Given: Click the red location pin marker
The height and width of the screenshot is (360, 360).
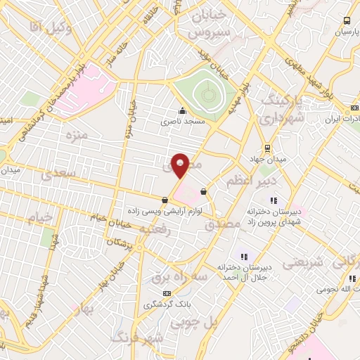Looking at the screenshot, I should pos(181,165).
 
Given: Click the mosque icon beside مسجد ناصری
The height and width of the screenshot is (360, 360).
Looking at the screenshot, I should pos(183,110).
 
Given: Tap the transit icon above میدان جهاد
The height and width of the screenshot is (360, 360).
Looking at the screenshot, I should pos(267,148).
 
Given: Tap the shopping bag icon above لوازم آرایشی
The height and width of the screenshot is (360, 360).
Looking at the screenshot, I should pos(165,200).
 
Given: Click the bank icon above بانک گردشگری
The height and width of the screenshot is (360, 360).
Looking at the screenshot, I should pos(167,292).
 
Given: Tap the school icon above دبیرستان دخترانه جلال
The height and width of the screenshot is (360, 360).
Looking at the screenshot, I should pos(245,256).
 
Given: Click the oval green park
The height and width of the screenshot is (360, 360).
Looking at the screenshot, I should pos(205,91).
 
